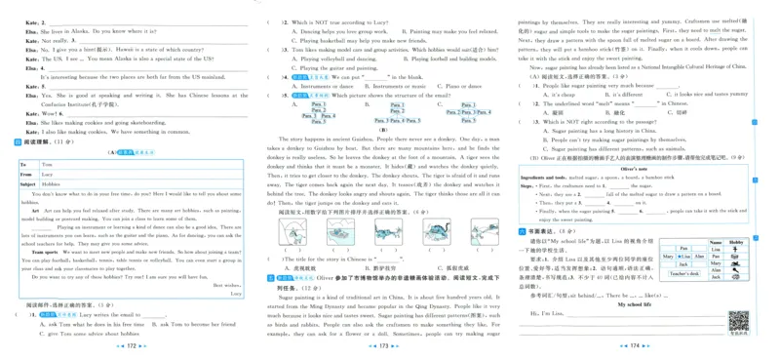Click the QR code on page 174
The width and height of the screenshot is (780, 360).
tap(738, 320)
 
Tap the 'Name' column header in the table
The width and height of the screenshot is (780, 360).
tap(715, 241)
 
